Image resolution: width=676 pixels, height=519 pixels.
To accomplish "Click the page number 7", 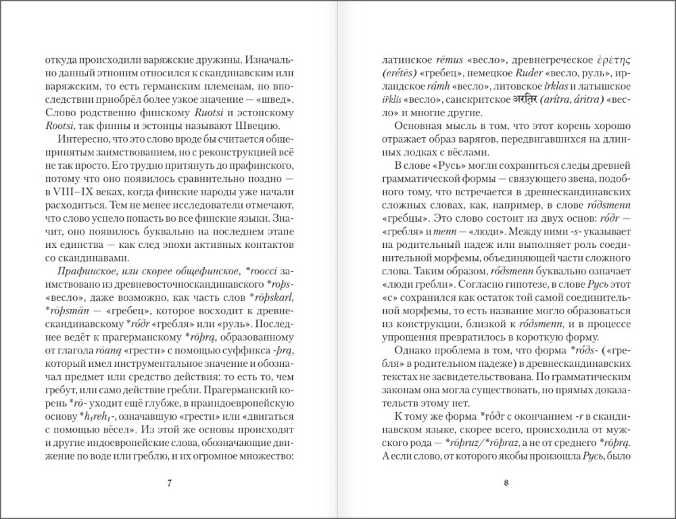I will [170, 482].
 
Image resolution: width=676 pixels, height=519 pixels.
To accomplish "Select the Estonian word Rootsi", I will [57, 128].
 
